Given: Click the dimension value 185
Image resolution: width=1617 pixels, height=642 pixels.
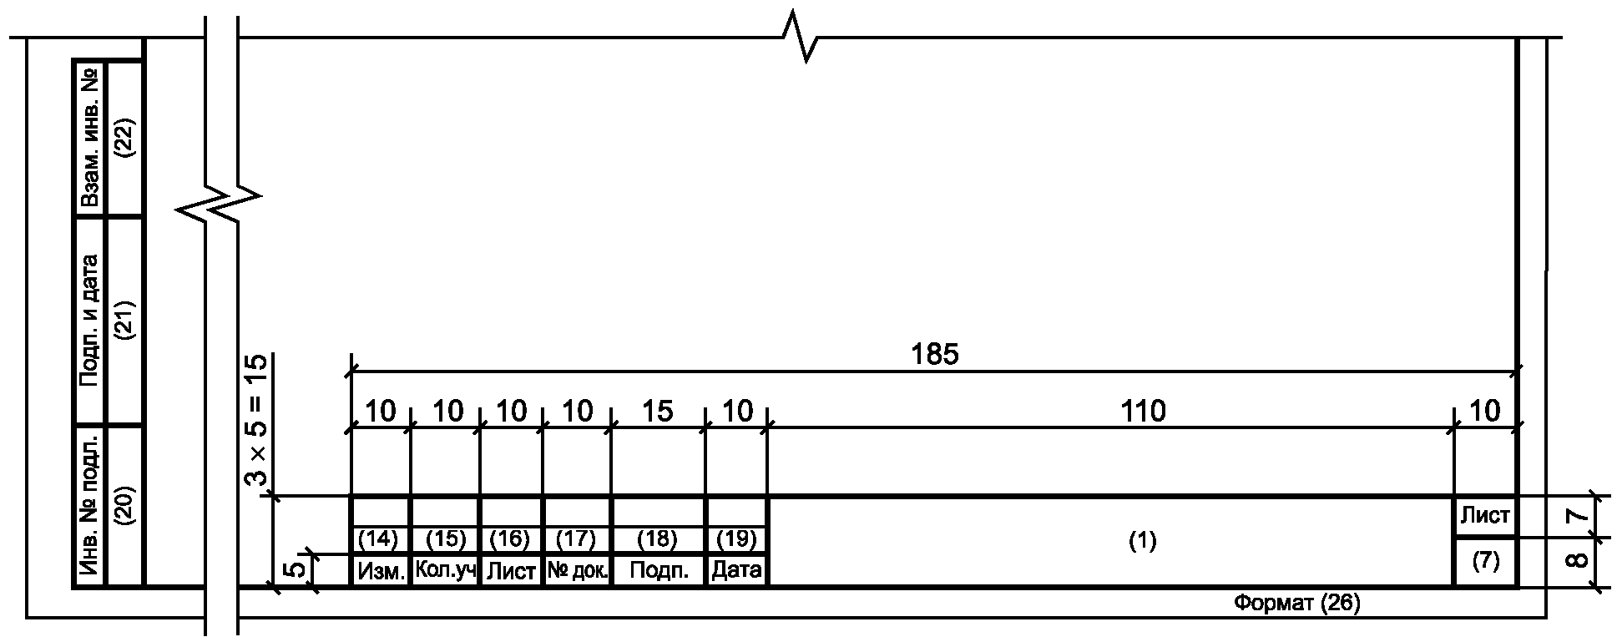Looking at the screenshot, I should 935,354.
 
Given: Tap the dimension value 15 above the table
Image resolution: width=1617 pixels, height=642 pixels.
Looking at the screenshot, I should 658,411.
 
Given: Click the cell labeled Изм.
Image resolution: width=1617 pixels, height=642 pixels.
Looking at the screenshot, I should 381,571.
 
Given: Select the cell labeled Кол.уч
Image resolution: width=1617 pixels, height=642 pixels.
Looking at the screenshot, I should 445,571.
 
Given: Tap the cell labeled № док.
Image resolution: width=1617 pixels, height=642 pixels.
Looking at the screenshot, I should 577,571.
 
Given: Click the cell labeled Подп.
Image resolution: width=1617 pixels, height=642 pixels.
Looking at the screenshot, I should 659,571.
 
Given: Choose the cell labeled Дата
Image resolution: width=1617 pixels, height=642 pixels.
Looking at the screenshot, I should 736,571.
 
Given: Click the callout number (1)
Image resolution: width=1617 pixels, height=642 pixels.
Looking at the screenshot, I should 1142,541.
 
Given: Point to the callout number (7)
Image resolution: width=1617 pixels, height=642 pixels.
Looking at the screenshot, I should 1485,562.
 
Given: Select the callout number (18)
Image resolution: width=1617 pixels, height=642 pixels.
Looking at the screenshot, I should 658,539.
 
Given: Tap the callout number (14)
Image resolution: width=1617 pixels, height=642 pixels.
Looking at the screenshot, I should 378,539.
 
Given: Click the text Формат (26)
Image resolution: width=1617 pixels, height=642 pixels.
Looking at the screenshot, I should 1296,603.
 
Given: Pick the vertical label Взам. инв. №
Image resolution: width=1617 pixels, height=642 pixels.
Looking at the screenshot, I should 90,138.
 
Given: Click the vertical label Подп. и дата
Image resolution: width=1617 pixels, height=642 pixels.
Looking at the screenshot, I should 90,320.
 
